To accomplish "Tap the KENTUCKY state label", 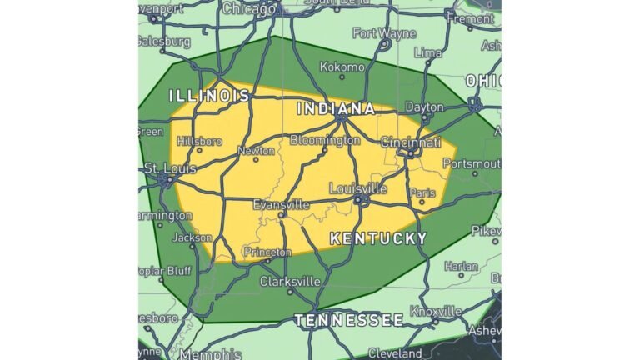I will tap(378, 238).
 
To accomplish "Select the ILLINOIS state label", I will tap(209, 96).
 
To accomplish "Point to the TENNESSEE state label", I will tap(349, 320).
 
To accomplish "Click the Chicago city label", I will tap(249, 9).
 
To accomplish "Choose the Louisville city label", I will tap(358, 188).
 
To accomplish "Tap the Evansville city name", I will tap(281, 204).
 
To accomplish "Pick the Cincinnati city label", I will tap(411, 143).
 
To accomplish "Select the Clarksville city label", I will tap(290, 282).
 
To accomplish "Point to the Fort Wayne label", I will tap(384, 33).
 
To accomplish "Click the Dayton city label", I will tap(425, 107).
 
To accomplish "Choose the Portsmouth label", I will tap(471, 163).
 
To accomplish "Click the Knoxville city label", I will tap(436, 311).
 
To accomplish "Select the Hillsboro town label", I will tap(199, 141).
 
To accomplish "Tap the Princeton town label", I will tap(267, 252).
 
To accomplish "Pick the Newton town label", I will tap(256, 151).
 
